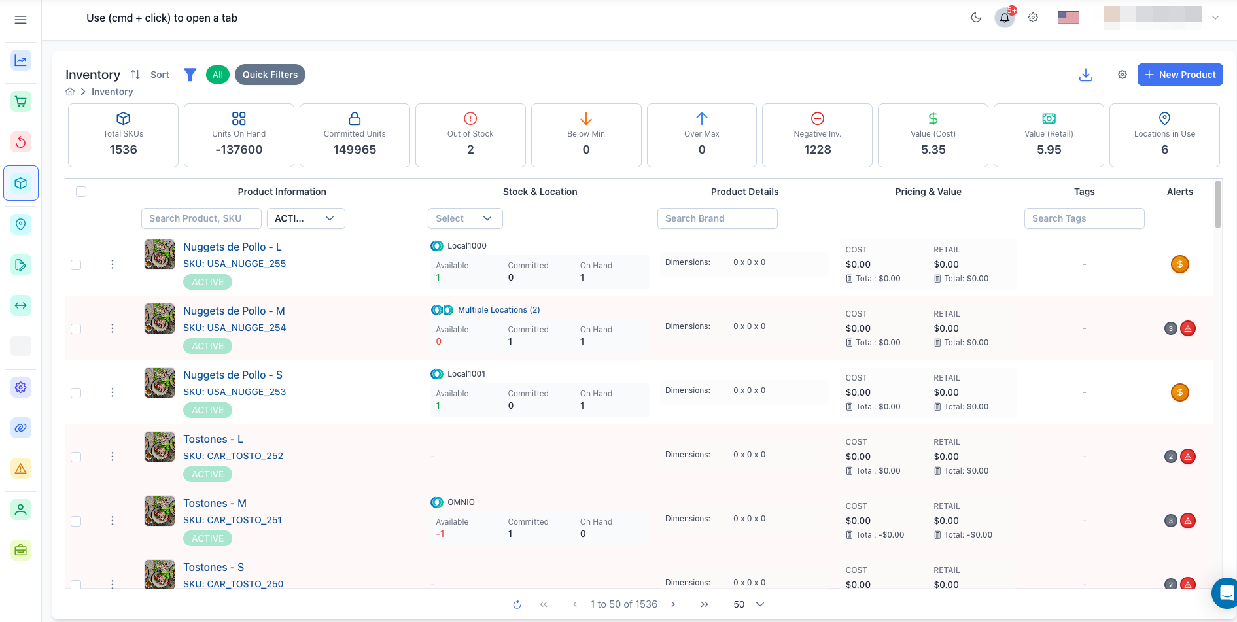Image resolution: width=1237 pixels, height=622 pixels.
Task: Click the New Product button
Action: click(x=1179, y=75)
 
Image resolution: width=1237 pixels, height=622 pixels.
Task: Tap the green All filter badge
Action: click(x=218, y=75)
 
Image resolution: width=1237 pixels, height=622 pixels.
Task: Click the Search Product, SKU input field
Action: click(x=201, y=218)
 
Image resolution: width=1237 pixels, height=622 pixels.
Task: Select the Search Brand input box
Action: click(x=717, y=218)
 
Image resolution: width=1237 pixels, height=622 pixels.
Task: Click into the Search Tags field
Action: click(x=1084, y=218)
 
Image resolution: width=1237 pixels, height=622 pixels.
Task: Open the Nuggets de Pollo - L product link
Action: click(x=232, y=247)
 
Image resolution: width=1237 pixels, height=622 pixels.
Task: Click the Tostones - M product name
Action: click(x=215, y=503)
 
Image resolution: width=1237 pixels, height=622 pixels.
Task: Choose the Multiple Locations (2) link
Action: click(x=498, y=310)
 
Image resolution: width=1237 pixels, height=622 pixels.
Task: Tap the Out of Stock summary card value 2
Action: click(x=470, y=150)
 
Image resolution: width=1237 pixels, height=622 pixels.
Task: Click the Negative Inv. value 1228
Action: click(x=817, y=150)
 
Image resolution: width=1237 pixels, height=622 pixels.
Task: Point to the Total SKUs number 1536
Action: click(x=123, y=150)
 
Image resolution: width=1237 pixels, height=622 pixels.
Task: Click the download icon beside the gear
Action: click(x=1086, y=75)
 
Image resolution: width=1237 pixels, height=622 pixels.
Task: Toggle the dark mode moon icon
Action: click(x=976, y=18)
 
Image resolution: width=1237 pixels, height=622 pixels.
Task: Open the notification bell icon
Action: click(x=1005, y=18)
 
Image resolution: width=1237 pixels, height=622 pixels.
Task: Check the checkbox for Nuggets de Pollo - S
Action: click(x=76, y=393)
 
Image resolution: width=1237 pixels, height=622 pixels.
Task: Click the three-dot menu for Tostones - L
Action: click(x=113, y=457)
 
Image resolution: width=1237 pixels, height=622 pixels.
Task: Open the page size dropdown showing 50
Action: click(x=748, y=604)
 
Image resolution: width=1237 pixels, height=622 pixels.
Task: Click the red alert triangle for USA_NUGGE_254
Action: click(x=1188, y=328)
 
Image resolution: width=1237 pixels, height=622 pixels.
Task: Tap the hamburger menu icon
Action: click(x=21, y=20)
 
